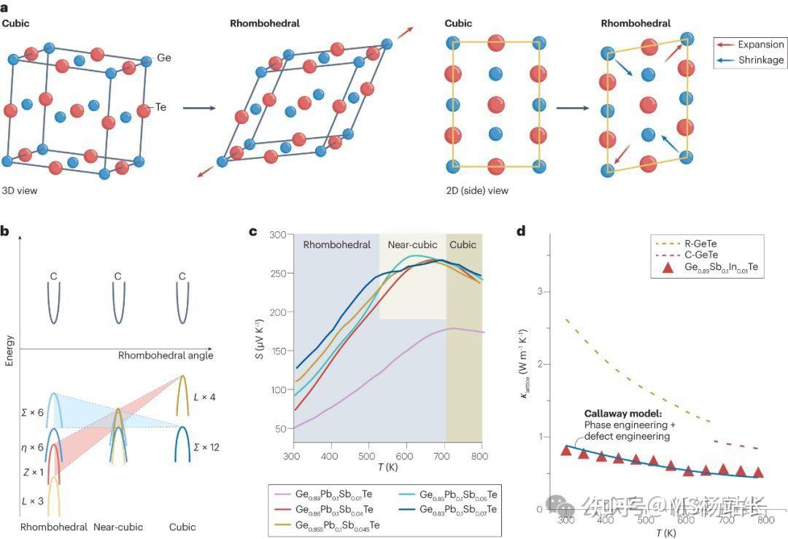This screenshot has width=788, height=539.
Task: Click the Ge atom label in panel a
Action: (x=164, y=57)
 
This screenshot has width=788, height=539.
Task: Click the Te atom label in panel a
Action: (x=161, y=107)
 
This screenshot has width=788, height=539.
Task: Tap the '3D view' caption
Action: (x=20, y=191)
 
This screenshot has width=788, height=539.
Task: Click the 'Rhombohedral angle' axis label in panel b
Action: (x=166, y=355)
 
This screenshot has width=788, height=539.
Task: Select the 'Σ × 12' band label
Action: (x=205, y=447)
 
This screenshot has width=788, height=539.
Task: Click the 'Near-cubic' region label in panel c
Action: (x=412, y=244)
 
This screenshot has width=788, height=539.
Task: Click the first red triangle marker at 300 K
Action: (x=565, y=450)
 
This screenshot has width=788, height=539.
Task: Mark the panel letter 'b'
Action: (x=5, y=232)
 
